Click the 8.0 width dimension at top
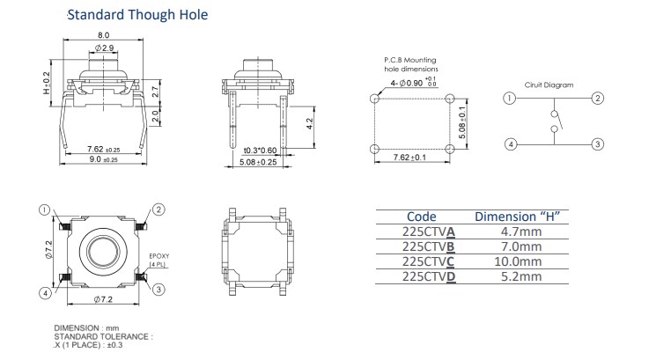coord(103,33)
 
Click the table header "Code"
coord(421,217)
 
